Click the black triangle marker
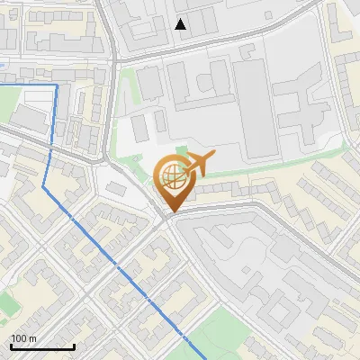[x=181, y=24]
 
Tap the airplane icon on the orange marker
[x=200, y=163]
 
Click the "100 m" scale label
[x=24, y=338]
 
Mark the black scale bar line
[x=42, y=346]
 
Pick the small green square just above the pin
[x=183, y=150]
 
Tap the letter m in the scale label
[x=33, y=338]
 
